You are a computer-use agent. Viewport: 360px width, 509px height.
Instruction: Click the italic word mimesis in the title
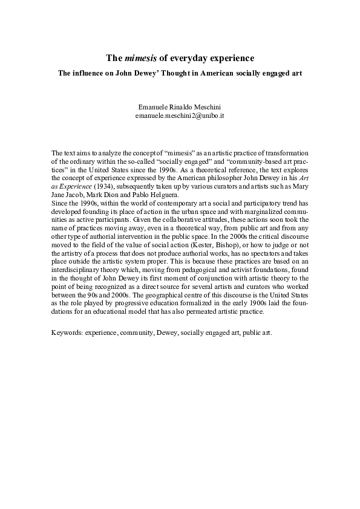pos(139,58)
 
